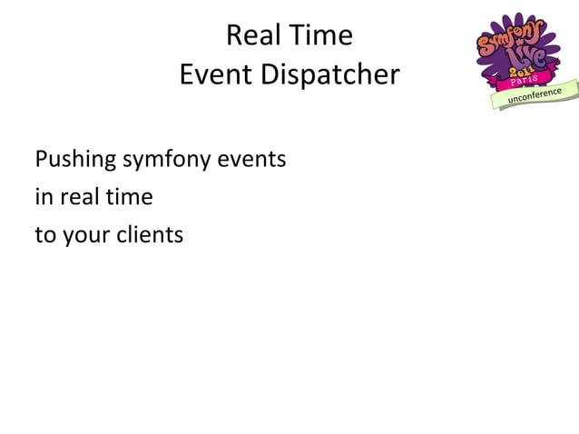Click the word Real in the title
click(250, 36)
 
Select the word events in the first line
click(257, 161)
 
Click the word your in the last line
click(81, 235)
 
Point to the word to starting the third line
click(44, 235)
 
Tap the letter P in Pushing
click(42, 161)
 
